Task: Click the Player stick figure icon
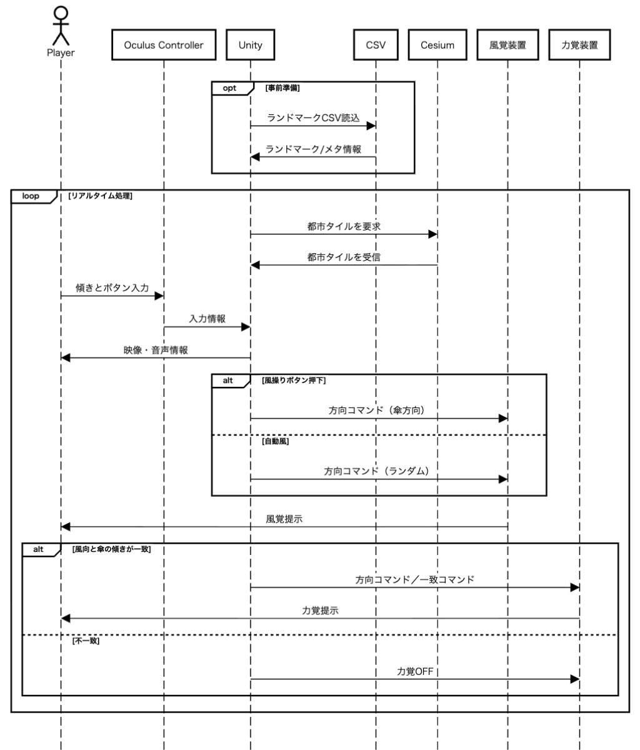(61, 25)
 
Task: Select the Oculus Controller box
(164, 46)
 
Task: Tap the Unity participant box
(250, 46)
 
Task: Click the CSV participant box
(375, 46)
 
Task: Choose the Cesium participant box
(437, 46)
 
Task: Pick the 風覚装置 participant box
(507, 46)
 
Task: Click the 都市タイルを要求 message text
(344, 226)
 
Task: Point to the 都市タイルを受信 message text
(344, 257)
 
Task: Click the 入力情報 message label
(207, 319)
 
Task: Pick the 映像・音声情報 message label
(156, 350)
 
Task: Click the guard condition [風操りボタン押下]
(294, 380)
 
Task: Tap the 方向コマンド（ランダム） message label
(378, 472)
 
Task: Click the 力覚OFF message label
(415, 671)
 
